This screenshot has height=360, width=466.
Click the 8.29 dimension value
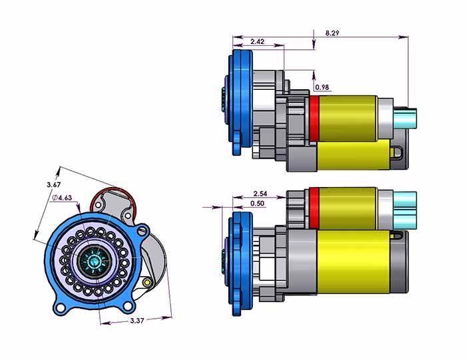tap(331, 32)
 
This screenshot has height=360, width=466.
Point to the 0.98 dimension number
tap(322, 87)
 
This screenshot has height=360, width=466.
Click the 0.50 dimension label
tap(257, 203)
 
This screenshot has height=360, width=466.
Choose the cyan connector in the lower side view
tap(405, 208)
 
